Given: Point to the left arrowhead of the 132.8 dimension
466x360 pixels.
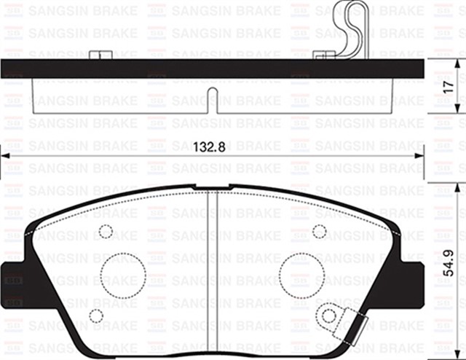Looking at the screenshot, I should (x=4, y=154).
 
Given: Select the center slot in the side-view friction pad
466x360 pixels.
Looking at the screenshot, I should (x=211, y=99).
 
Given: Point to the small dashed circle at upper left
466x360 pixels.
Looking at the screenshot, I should (x=106, y=232).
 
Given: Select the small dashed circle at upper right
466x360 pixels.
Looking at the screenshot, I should (x=319, y=231).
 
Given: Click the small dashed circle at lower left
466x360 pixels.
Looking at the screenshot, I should (x=95, y=316).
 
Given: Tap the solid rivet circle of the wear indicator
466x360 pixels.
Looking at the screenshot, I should (x=329, y=316).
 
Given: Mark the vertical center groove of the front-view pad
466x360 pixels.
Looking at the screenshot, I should (x=211, y=270).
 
